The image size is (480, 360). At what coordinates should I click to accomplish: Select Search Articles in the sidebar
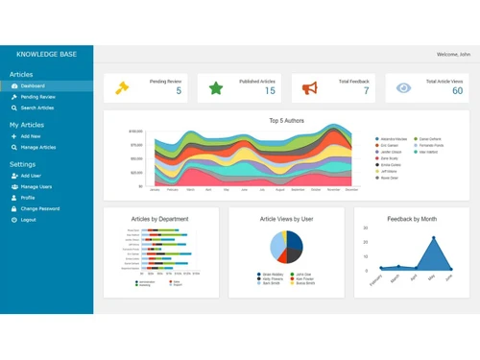click(37, 108)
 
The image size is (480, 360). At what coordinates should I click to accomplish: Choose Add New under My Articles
click(31, 136)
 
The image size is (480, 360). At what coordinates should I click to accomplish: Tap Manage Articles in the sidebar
click(37, 147)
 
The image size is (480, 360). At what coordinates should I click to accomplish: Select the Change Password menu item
click(40, 208)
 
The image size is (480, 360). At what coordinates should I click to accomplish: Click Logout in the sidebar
click(28, 220)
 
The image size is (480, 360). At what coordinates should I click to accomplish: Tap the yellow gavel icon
click(122, 88)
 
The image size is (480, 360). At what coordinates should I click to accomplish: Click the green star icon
click(216, 88)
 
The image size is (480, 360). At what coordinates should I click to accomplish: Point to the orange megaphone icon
click(310, 88)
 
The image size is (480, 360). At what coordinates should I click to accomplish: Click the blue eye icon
click(404, 88)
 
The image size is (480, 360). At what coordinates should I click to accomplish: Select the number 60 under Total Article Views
click(457, 91)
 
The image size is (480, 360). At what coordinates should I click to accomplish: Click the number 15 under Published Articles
click(270, 91)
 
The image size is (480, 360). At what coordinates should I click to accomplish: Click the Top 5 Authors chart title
click(287, 121)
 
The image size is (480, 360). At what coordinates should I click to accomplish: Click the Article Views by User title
click(287, 219)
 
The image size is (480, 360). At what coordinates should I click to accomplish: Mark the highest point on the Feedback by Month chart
click(433, 237)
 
